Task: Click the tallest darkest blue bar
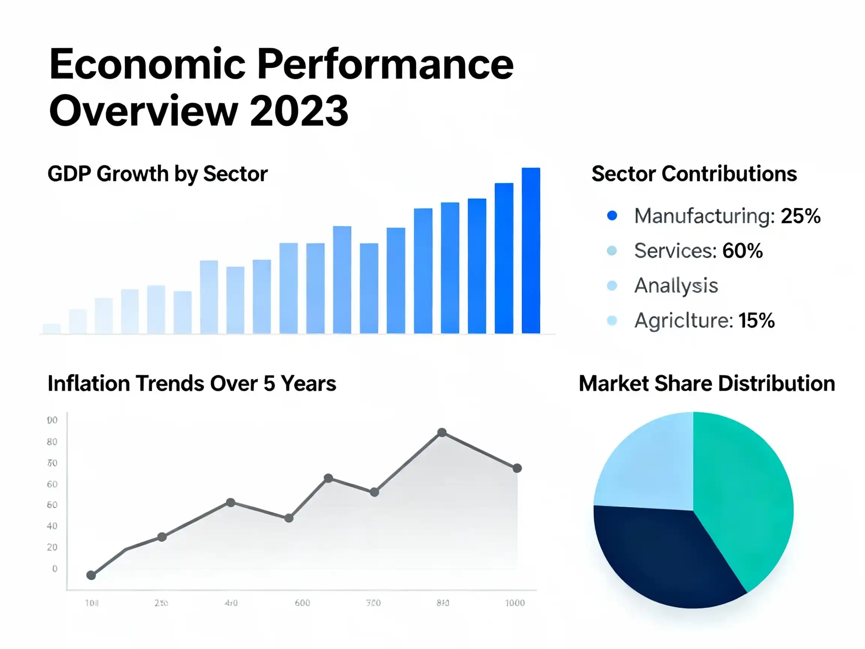[x=530, y=251]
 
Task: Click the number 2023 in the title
[x=299, y=111]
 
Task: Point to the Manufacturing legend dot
[x=612, y=216]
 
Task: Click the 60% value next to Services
[x=742, y=251]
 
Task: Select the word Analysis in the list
[x=676, y=285]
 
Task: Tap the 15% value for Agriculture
[x=756, y=320]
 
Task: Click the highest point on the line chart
[x=442, y=432]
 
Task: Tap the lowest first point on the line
[x=91, y=575]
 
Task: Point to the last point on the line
[x=517, y=468]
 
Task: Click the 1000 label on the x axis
[x=515, y=603]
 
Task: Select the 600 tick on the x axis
[x=302, y=603]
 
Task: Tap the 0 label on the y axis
[x=55, y=568]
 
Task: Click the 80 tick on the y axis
[x=52, y=442]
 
